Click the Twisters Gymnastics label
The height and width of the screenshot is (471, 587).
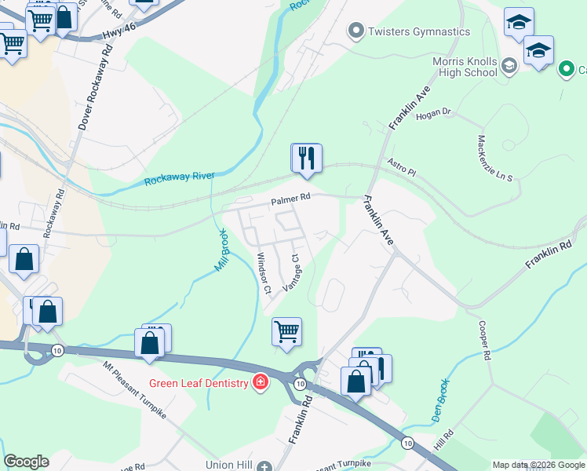click(x=420, y=31)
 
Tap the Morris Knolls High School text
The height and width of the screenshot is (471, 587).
click(x=465, y=67)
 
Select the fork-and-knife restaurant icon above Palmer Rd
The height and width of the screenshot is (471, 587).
click(x=306, y=159)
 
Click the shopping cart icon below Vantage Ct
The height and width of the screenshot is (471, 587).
click(x=287, y=332)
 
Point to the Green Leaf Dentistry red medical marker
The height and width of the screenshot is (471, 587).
click(x=260, y=383)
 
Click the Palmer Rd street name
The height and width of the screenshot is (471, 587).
click(x=291, y=201)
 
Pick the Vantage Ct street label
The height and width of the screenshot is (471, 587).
click(x=296, y=272)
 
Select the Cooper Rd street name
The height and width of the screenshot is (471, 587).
click(x=483, y=339)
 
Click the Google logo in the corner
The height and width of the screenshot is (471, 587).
click(x=26, y=462)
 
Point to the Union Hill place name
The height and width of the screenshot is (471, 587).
click(x=228, y=466)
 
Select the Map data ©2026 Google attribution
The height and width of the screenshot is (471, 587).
click(x=538, y=465)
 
